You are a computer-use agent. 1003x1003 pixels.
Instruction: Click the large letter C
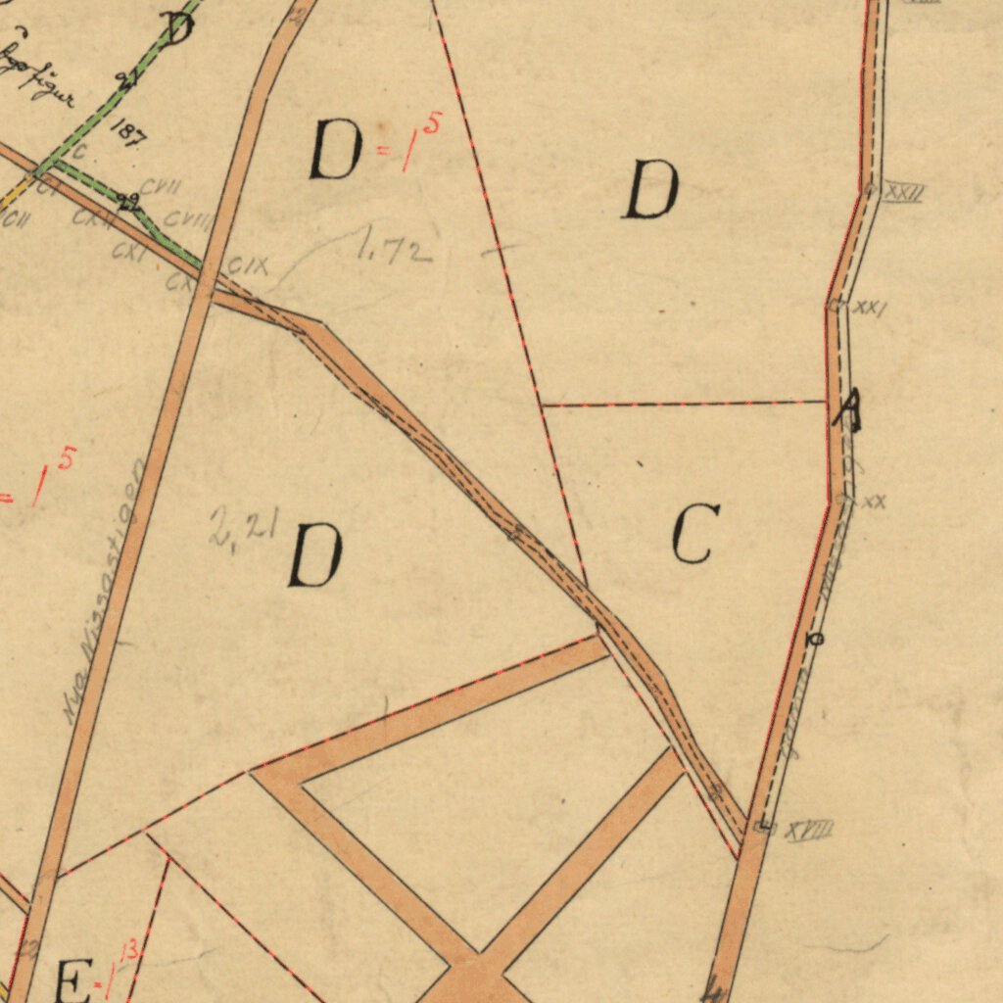pyautogui.click(x=696, y=534)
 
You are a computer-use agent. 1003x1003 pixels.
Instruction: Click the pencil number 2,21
pyautogui.click(x=241, y=529)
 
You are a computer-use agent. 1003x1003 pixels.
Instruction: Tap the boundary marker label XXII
pyautogui.click(x=903, y=193)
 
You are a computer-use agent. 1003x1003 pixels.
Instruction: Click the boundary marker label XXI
pyautogui.click(x=869, y=309)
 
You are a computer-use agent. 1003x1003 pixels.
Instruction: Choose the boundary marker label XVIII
pyautogui.click(x=809, y=832)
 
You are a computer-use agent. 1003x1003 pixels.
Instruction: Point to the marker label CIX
pyautogui.click(x=248, y=265)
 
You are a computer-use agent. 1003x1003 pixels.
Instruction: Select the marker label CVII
pyautogui.click(x=158, y=186)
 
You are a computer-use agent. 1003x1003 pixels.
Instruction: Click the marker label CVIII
pyautogui.click(x=186, y=218)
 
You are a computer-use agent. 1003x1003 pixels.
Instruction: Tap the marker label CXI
pyautogui.click(x=128, y=252)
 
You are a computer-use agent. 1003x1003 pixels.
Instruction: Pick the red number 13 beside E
pyautogui.click(x=128, y=950)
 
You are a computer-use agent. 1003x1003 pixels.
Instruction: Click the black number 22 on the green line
pyautogui.click(x=128, y=203)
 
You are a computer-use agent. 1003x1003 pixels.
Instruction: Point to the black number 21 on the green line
pyautogui.click(x=126, y=81)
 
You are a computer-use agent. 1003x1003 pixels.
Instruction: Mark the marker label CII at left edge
pyautogui.click(x=15, y=218)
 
